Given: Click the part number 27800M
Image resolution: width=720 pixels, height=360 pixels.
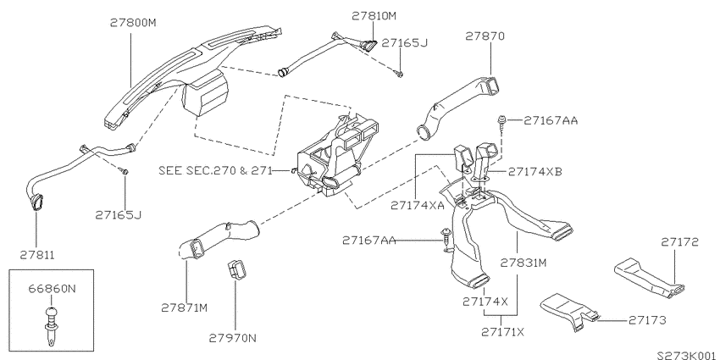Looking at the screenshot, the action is pyautogui.click(x=133, y=23).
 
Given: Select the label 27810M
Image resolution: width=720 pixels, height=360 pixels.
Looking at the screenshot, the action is pyautogui.click(x=374, y=16).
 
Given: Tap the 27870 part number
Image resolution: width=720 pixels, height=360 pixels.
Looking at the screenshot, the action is pyautogui.click(x=485, y=36).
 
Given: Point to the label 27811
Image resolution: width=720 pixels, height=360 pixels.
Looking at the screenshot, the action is pyautogui.click(x=37, y=255).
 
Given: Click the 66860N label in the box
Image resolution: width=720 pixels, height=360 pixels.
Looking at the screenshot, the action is pyautogui.click(x=52, y=289).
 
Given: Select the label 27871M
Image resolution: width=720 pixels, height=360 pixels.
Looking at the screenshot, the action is pyautogui.click(x=184, y=307).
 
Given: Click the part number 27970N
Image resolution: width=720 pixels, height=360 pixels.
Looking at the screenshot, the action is pyautogui.click(x=232, y=339).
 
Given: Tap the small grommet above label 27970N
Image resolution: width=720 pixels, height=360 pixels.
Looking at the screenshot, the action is pyautogui.click(x=236, y=270).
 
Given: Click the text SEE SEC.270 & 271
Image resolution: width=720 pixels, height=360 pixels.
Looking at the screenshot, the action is pyautogui.click(x=215, y=171).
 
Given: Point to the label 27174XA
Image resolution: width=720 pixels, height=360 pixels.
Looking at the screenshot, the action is pyautogui.click(x=418, y=205).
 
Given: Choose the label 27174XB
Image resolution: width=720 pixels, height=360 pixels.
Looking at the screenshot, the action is pyautogui.click(x=535, y=171).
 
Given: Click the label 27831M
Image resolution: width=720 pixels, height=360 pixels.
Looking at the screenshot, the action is pyautogui.click(x=523, y=263).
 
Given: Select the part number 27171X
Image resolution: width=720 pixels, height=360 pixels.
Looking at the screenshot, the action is pyautogui.click(x=503, y=331).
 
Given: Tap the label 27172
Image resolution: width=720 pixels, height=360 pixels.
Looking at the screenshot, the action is pyautogui.click(x=679, y=242).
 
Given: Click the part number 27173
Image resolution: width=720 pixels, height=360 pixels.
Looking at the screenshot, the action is pyautogui.click(x=647, y=320).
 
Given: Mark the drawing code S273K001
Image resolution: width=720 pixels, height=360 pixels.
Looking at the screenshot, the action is pyautogui.click(x=686, y=355).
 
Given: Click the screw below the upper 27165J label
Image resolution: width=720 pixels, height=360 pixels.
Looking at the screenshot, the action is pyautogui.click(x=400, y=74).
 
